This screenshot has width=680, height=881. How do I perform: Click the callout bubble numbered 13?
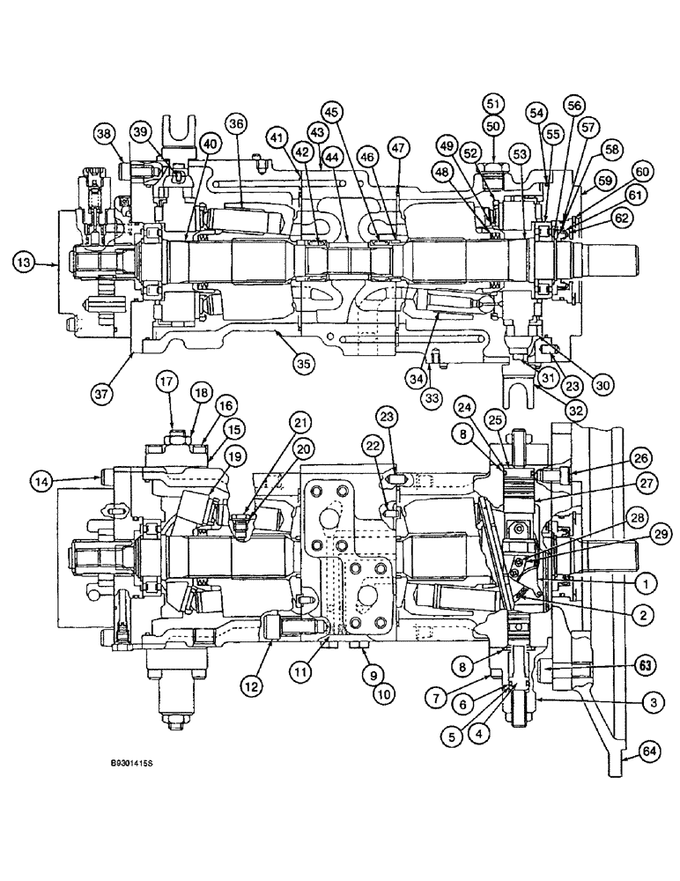click(26, 262)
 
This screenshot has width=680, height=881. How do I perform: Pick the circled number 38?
click(105, 135)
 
